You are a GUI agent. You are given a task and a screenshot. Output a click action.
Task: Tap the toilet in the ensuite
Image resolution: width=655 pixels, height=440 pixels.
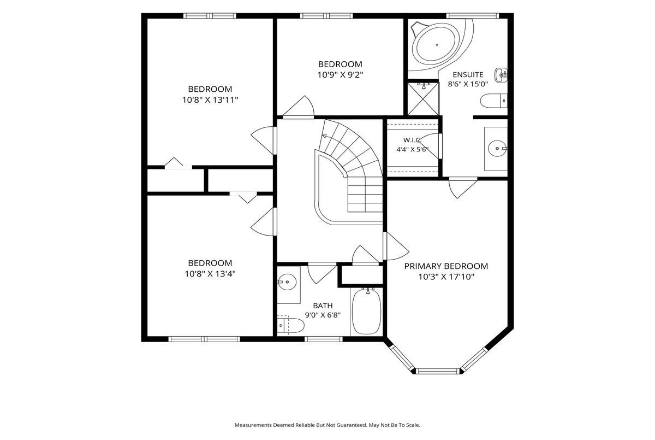[493, 101]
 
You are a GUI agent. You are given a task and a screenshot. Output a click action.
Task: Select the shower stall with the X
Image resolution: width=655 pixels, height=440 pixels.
[423, 98]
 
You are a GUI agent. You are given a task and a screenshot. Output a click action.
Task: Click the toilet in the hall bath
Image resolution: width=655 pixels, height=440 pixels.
[290, 325]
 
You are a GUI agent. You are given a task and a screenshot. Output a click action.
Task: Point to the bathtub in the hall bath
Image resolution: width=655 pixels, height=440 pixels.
[367, 311]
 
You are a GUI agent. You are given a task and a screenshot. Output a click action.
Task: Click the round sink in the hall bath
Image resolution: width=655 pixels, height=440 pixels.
[287, 282]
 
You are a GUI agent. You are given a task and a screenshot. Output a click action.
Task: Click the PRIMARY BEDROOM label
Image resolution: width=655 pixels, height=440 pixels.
[446, 266]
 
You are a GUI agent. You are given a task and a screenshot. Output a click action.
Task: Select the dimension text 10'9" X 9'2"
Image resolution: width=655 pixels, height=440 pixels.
[340, 75]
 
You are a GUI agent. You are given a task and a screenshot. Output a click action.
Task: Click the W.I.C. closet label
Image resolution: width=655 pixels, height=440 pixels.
[412, 140]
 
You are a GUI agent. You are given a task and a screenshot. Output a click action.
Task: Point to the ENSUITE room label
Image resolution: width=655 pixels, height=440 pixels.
[468, 75]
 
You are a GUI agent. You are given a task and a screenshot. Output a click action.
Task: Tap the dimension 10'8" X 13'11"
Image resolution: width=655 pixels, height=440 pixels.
[210, 100]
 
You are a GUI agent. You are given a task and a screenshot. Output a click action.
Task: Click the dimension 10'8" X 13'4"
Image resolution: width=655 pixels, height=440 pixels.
[210, 274]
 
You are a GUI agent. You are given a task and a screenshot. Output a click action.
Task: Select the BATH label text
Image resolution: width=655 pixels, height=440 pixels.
[323, 306]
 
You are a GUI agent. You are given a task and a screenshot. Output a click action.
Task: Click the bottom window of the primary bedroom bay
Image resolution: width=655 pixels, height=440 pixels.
[437, 371]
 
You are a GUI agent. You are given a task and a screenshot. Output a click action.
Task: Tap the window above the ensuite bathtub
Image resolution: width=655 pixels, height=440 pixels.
[472, 15]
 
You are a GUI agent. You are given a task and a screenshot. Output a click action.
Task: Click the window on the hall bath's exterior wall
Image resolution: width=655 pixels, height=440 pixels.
[323, 339]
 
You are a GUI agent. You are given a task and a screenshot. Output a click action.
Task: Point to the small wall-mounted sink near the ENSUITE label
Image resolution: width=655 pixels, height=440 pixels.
[501, 75]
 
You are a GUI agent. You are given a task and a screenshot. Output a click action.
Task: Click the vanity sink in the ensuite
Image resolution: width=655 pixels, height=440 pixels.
[497, 149]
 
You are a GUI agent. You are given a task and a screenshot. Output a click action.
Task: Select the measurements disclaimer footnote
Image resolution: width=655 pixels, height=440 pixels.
[327, 425]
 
